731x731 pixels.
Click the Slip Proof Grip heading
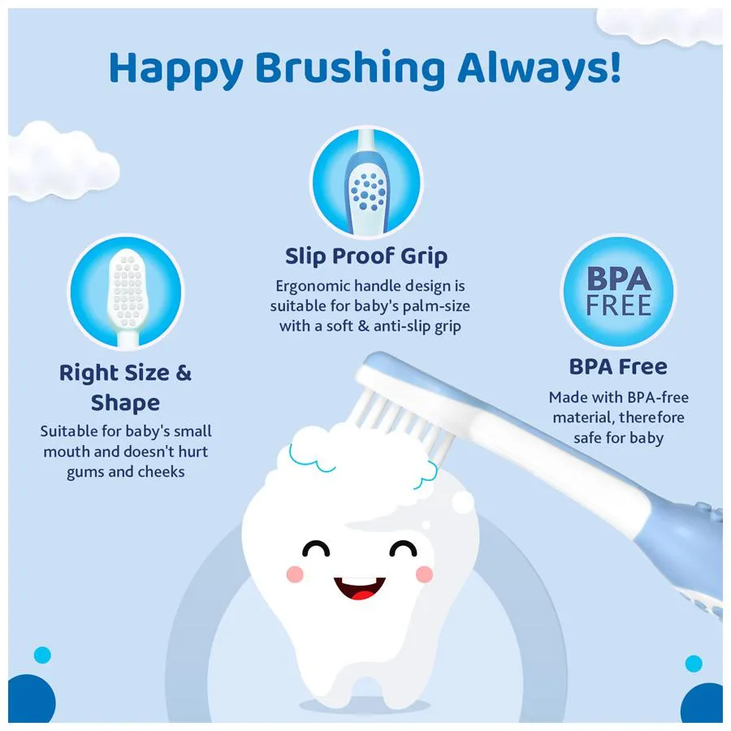(366, 257)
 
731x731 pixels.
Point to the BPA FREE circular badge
(618, 291)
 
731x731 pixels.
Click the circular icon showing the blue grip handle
(366, 184)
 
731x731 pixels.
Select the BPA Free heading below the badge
(618, 366)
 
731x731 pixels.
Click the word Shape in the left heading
(125, 403)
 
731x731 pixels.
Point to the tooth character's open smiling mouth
(360, 586)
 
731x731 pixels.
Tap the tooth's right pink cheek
(423, 574)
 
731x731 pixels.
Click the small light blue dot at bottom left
(42, 655)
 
